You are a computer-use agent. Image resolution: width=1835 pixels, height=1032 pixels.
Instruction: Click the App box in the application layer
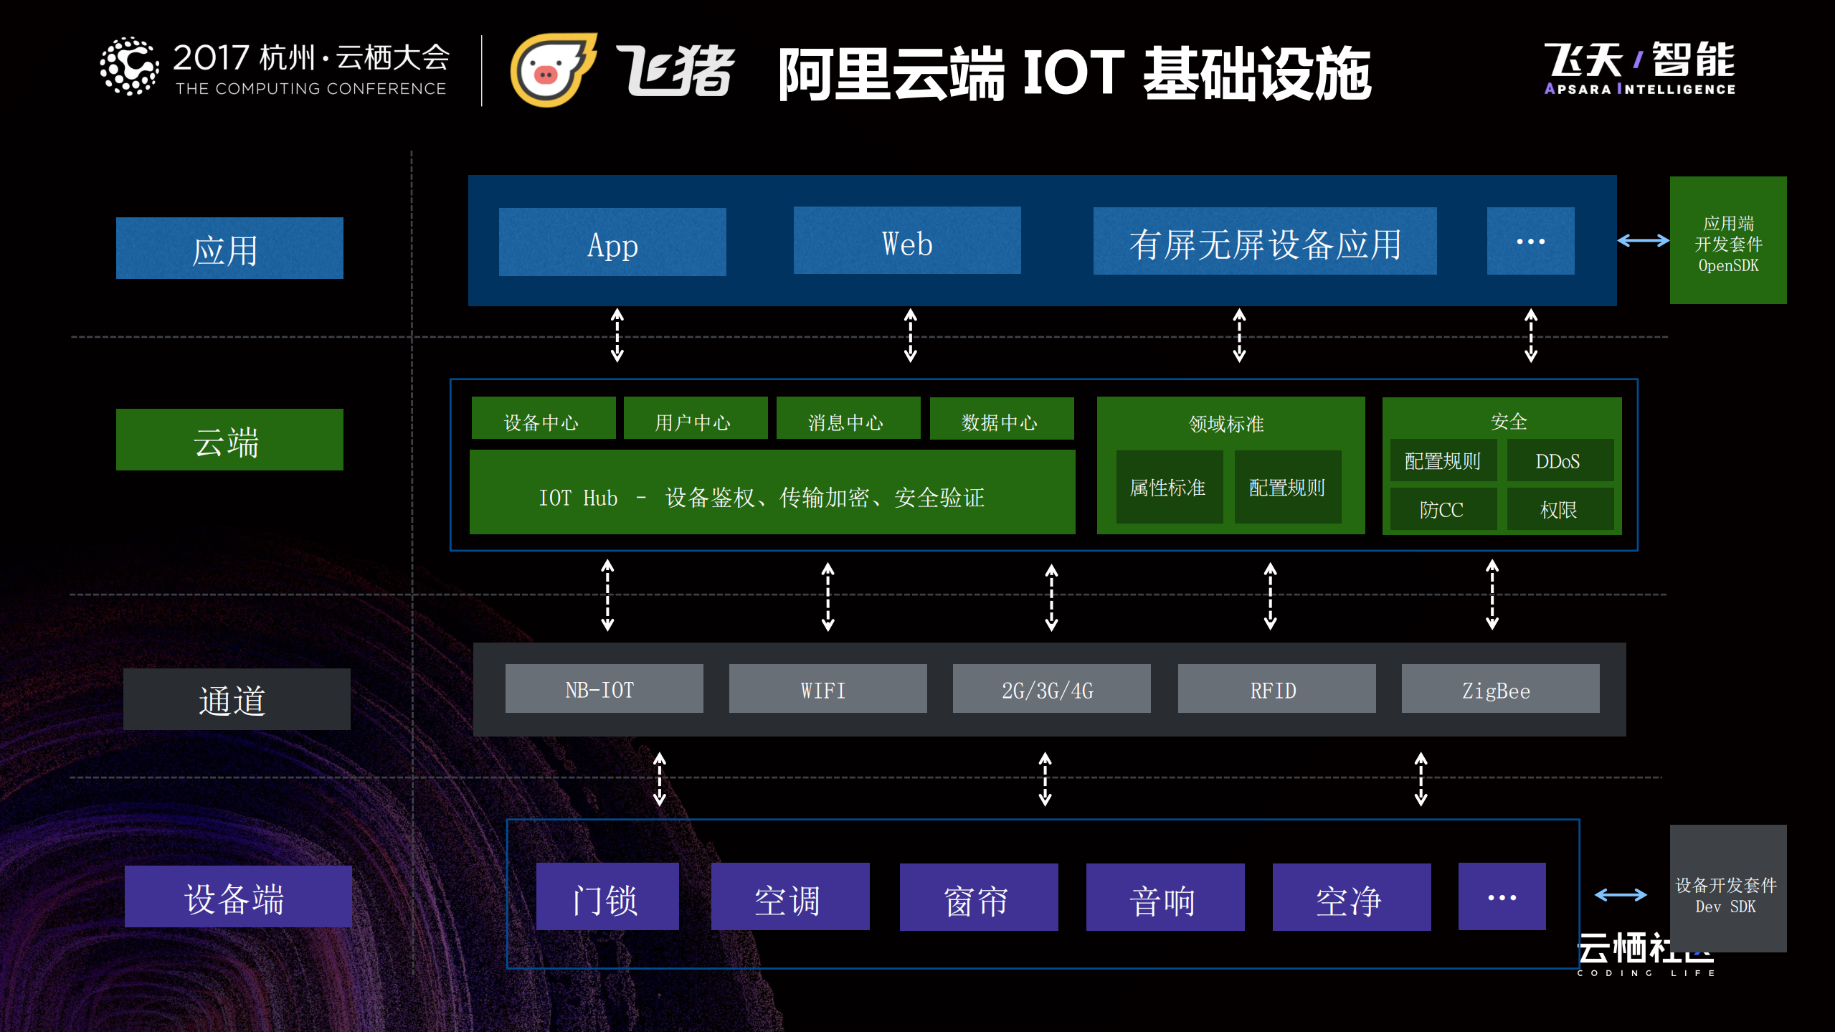tap(612, 242)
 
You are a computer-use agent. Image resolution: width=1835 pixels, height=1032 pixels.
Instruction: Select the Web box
tap(907, 241)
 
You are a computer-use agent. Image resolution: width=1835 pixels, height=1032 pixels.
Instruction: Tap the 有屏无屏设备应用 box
tap(1264, 242)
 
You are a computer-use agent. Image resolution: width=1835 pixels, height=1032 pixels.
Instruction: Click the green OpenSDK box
tap(1727, 241)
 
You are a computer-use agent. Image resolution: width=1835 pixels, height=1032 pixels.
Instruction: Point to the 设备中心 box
tap(543, 419)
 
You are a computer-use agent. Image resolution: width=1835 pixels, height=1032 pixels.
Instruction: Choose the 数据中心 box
tap(1001, 419)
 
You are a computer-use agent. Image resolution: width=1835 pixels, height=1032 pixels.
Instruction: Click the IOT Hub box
tap(772, 493)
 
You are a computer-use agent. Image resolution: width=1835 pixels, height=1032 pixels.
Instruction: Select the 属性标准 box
tap(1169, 487)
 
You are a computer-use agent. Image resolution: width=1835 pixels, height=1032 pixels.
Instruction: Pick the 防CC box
tap(1443, 508)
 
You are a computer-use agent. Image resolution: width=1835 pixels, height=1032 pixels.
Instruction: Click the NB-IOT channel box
tap(604, 688)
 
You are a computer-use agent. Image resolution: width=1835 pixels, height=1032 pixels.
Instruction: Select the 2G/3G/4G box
tap(1051, 688)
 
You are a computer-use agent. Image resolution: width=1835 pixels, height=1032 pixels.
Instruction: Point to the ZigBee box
tap(1500, 688)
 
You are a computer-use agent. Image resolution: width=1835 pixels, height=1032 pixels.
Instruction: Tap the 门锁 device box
tap(607, 896)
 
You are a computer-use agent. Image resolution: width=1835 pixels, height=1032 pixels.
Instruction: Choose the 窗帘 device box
tap(978, 897)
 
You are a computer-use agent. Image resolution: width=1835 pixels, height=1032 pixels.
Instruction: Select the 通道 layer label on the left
tap(237, 699)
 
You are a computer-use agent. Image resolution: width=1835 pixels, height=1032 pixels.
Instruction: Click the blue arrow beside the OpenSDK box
tap(1643, 241)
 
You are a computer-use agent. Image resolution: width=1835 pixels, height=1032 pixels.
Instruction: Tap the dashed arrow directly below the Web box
tap(910, 335)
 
